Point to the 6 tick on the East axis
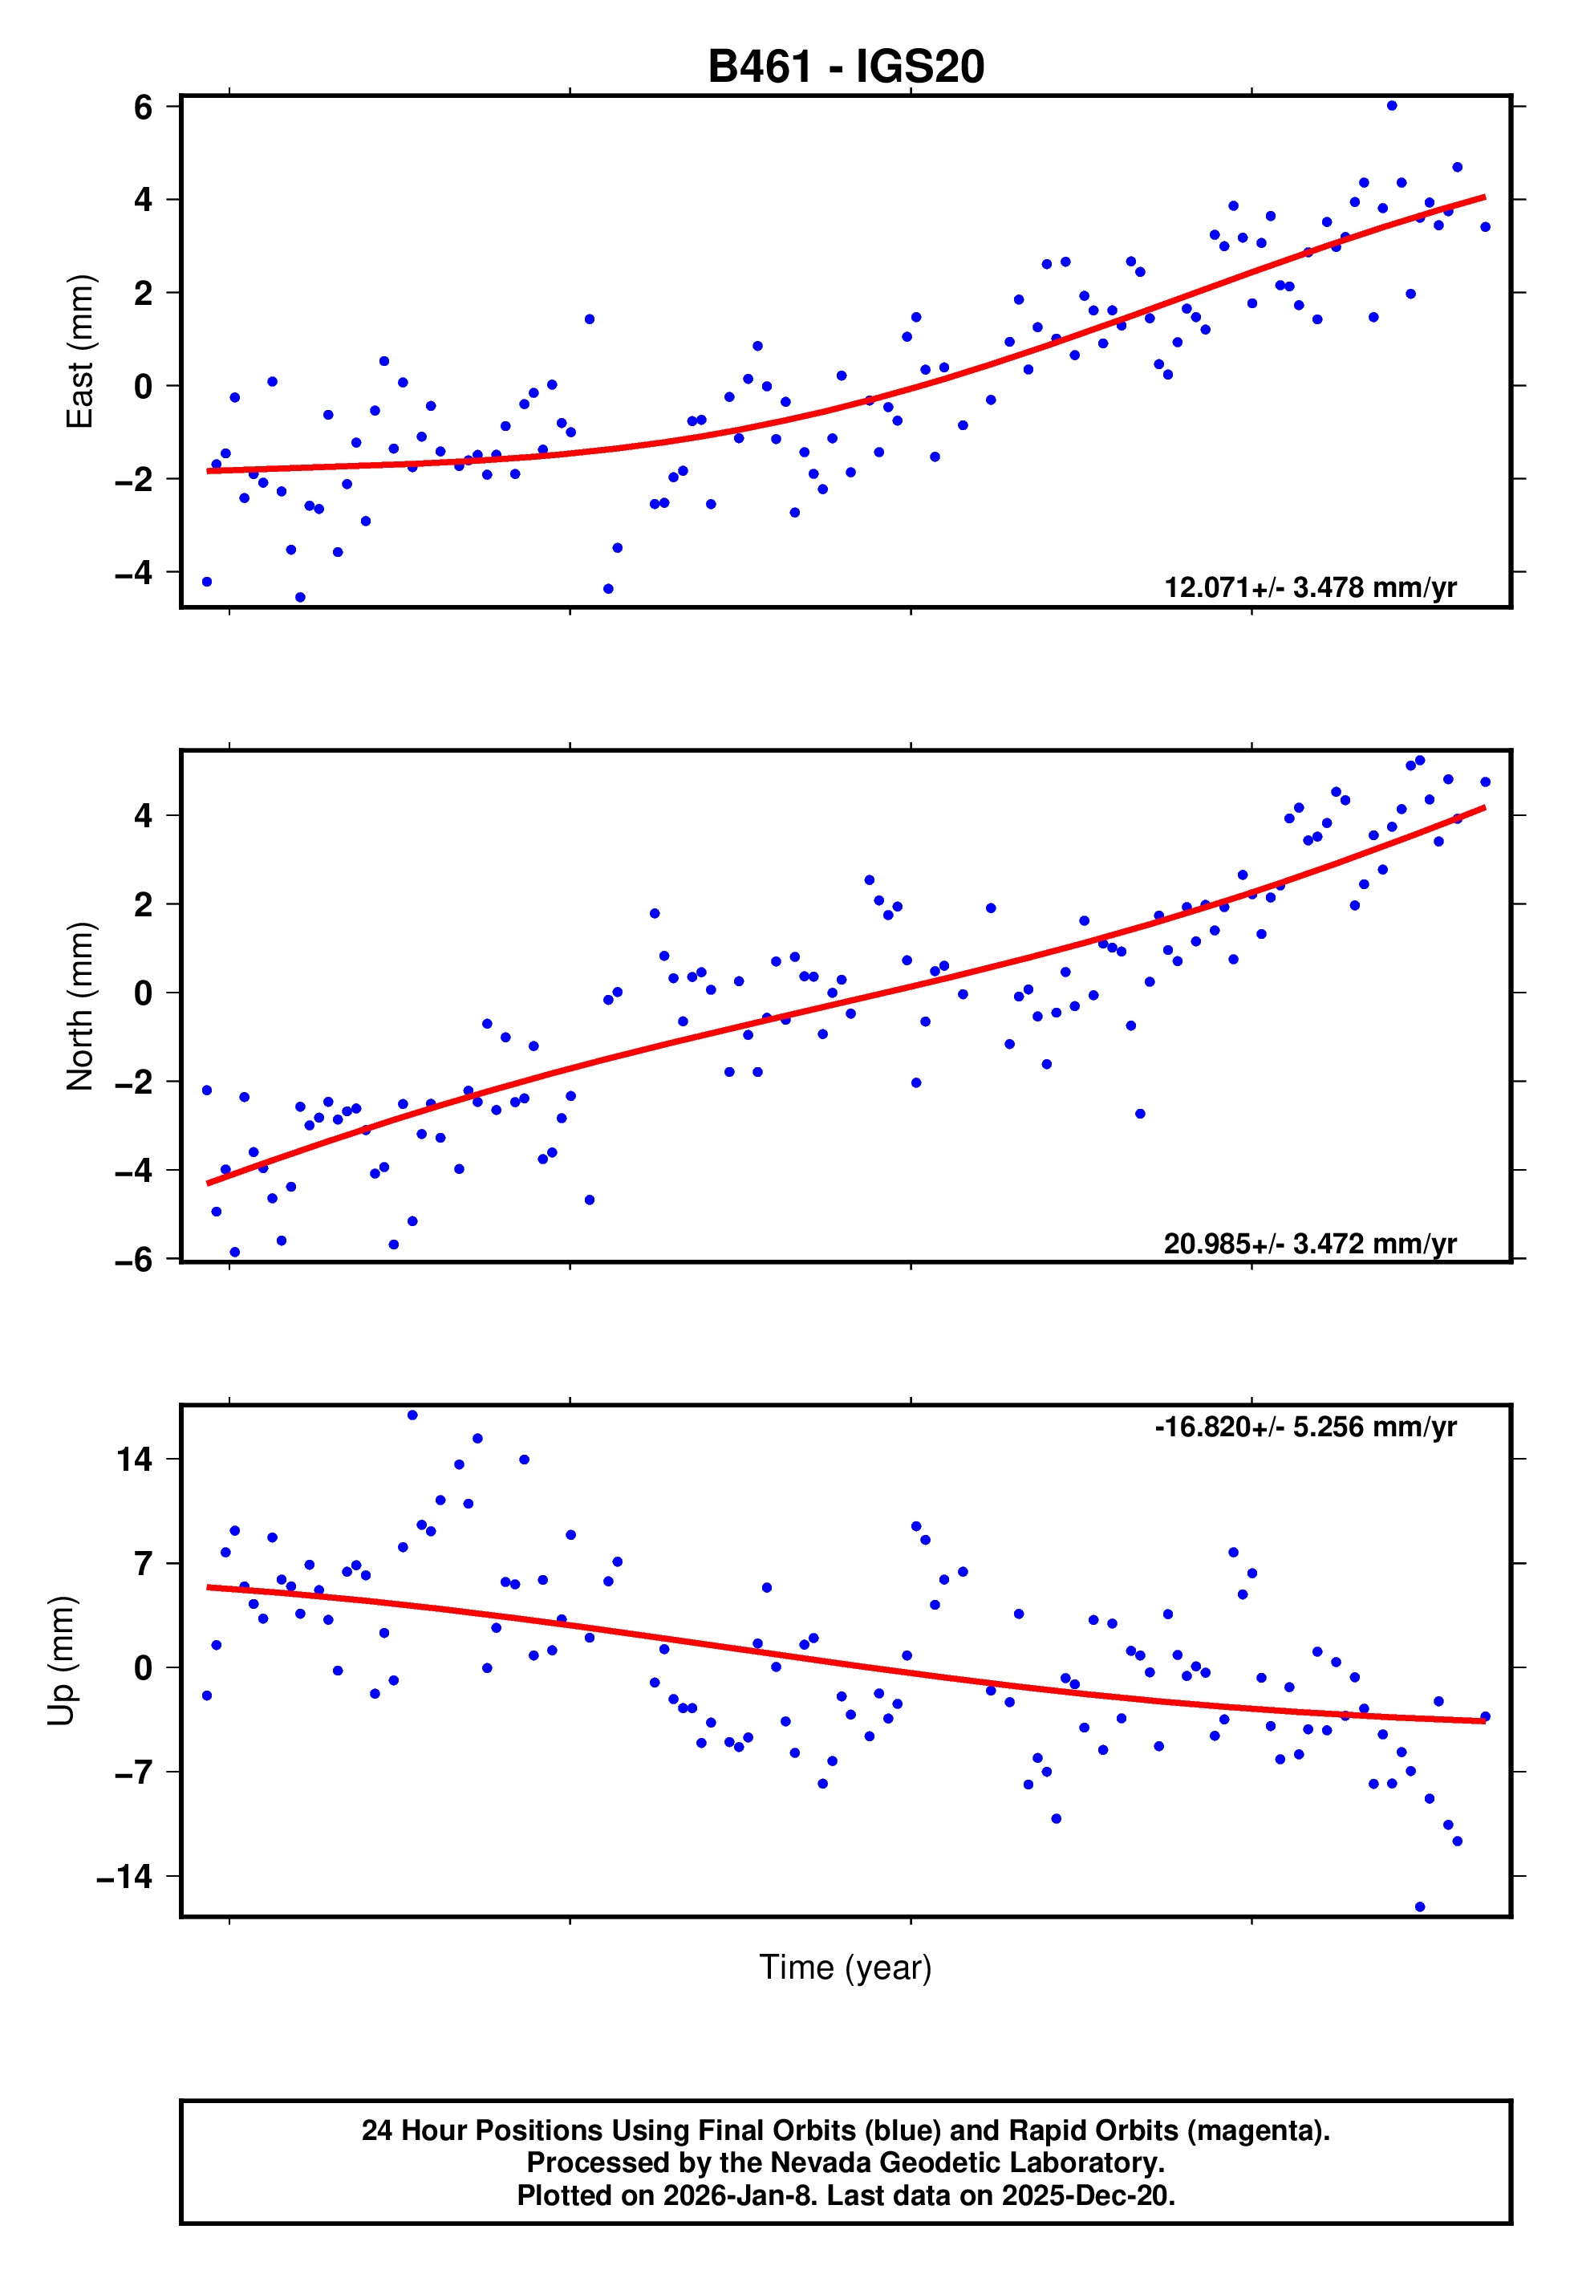(143, 107)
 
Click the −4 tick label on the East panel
(133, 572)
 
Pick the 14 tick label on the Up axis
(135, 1459)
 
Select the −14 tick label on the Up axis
(124, 1877)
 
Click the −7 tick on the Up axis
(133, 1772)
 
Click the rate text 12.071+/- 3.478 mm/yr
(1310, 587)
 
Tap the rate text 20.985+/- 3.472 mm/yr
(1310, 1244)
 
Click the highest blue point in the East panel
(1392, 105)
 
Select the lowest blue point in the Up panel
(1420, 1907)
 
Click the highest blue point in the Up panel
(412, 1415)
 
